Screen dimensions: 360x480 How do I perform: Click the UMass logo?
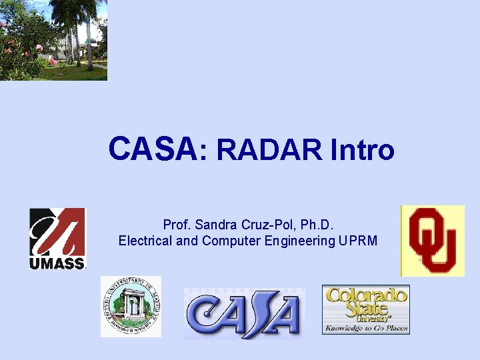[x=57, y=238]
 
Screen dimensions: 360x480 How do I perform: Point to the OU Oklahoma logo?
[x=432, y=240]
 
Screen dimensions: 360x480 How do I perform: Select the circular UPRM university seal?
[x=131, y=306]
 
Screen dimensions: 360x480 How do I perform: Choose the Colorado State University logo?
[x=365, y=309]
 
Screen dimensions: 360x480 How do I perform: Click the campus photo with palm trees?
[x=53, y=40]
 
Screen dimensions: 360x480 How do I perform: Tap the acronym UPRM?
[x=360, y=241]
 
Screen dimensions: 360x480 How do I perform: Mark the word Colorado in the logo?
[x=365, y=295]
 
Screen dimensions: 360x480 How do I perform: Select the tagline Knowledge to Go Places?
[x=365, y=328]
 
